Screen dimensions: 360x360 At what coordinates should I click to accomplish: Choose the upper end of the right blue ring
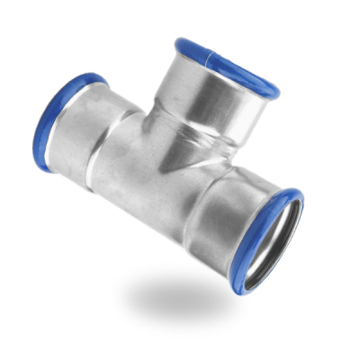click(297, 193)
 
